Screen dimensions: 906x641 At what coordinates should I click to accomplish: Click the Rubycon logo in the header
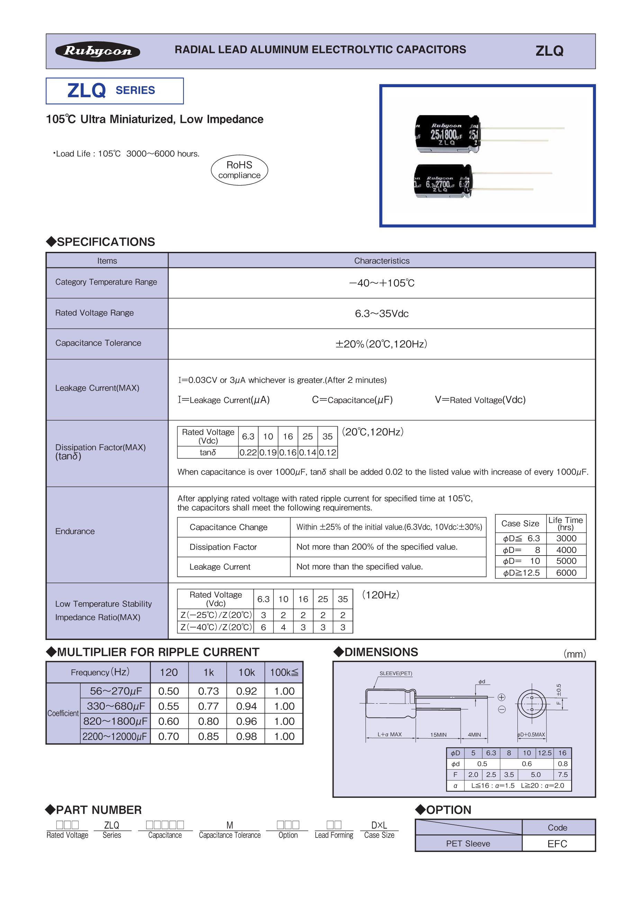98,51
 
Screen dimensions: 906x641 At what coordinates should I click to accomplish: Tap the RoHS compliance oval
239,170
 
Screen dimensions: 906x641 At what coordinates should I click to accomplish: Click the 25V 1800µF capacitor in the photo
448,134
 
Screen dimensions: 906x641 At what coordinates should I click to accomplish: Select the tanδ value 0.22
248,452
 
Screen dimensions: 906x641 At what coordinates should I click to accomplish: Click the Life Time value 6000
566,573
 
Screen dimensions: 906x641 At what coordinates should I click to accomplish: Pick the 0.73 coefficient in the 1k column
208,691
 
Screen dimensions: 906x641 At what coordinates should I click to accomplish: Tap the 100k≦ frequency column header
284,672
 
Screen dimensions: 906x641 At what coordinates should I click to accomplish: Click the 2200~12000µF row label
115,736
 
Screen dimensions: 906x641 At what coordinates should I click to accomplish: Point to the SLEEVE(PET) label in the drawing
396,674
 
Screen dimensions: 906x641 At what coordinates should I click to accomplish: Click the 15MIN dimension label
438,735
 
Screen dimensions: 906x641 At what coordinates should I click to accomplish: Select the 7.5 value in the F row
562,775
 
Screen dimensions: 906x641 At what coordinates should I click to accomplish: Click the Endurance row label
75,531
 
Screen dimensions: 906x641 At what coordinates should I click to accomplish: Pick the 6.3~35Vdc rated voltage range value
381,314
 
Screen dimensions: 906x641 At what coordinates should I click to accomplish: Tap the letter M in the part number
230,825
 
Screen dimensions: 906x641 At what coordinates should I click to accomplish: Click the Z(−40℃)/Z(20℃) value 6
263,628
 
